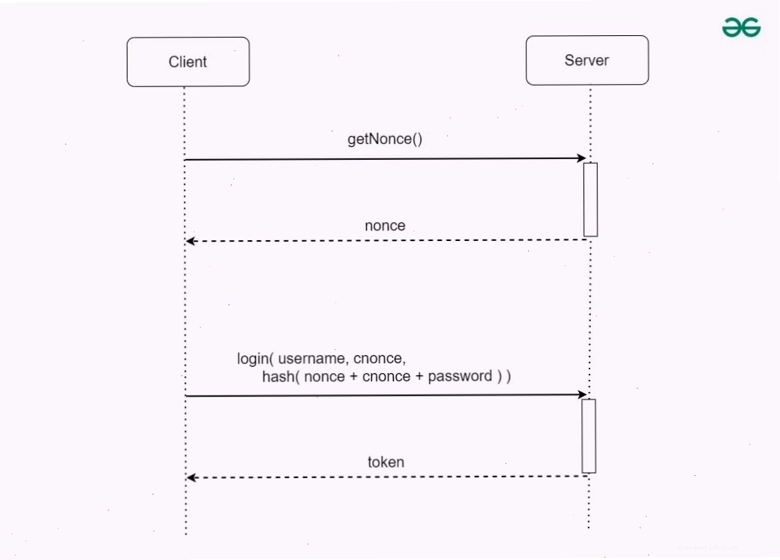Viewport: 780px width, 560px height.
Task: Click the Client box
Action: pyautogui.click(x=188, y=62)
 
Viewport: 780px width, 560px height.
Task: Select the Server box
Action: pyautogui.click(x=587, y=60)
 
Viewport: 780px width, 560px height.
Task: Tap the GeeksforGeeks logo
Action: pyautogui.click(x=741, y=27)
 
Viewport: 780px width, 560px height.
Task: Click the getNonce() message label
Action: pyautogui.click(x=385, y=139)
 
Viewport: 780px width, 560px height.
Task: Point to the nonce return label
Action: pyautogui.click(x=385, y=225)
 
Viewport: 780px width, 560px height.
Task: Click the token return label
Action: pyautogui.click(x=386, y=462)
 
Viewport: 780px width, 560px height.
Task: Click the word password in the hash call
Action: pyautogui.click(x=460, y=376)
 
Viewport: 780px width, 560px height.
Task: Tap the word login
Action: pyautogui.click(x=253, y=359)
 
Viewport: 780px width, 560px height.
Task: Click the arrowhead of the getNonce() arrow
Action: pyautogui.click(x=581, y=158)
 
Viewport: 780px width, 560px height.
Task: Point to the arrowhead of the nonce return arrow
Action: pyautogui.click(x=191, y=241)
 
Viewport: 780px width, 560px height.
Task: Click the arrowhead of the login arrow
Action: pyautogui.click(x=582, y=394)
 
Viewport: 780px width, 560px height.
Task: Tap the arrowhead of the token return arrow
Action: pyautogui.click(x=192, y=478)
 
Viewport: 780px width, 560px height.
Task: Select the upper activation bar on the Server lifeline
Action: pyautogui.click(x=590, y=199)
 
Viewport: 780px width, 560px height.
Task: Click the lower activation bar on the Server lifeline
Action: pyautogui.click(x=589, y=435)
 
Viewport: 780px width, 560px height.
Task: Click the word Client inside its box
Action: pyautogui.click(x=187, y=62)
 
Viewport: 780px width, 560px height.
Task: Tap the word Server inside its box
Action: pyautogui.click(x=586, y=60)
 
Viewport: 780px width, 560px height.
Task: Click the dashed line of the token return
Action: pyautogui.click(x=387, y=477)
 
